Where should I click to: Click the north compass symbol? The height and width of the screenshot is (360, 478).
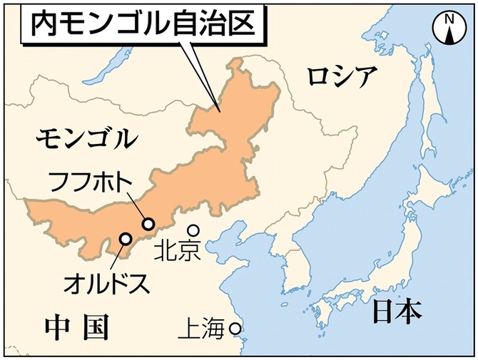pos(449,28)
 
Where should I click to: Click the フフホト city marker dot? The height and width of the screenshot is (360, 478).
pos(148,224)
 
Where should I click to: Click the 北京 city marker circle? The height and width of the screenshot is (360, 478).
pos(193,230)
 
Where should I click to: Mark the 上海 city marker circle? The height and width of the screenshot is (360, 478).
pos(235,329)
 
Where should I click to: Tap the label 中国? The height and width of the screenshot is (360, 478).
pos(76,327)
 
